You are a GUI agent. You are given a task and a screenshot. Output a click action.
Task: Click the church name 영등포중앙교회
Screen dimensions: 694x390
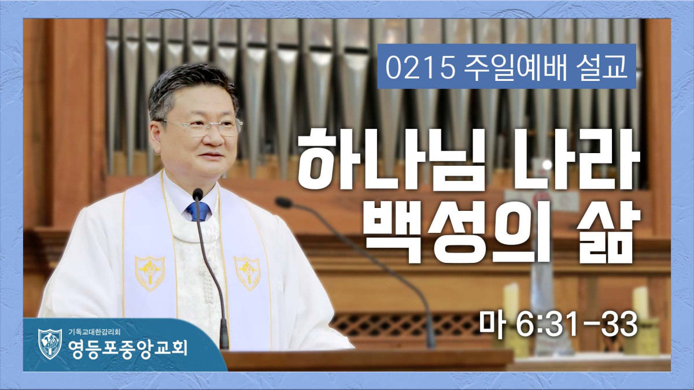tap(128, 348)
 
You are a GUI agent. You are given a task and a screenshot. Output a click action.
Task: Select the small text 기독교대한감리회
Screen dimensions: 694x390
tap(94, 332)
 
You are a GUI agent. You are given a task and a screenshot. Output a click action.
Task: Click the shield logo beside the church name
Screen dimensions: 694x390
tap(50, 344)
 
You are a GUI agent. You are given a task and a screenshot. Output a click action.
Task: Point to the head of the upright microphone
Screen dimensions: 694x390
tap(197, 194)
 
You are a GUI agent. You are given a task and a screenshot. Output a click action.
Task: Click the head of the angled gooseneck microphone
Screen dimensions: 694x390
tap(283, 202)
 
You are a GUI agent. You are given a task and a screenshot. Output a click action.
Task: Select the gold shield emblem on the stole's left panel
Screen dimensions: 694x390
tap(150, 273)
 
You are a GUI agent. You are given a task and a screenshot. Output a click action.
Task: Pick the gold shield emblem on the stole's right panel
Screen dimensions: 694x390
tap(248, 273)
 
